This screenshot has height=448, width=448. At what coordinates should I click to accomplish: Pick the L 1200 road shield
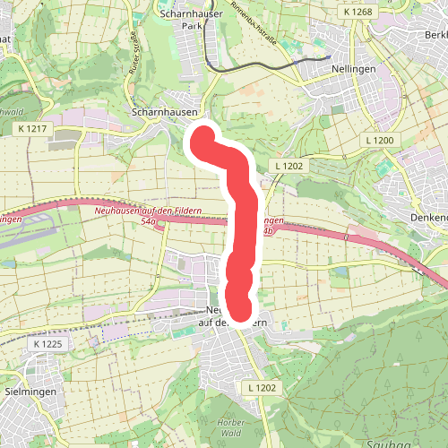[380, 141]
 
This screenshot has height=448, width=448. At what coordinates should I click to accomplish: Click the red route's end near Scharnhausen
[202, 138]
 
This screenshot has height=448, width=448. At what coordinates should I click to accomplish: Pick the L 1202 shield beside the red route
[291, 166]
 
